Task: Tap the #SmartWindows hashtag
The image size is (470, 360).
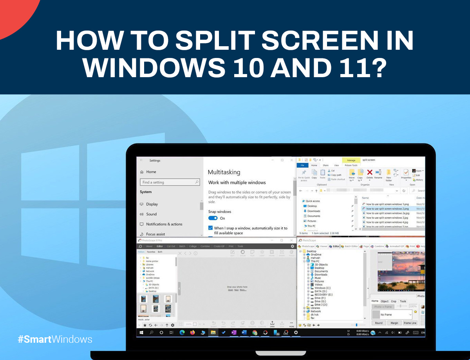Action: (x=55, y=339)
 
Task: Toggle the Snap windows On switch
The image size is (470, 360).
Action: (x=213, y=218)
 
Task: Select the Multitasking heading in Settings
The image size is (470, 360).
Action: (x=224, y=172)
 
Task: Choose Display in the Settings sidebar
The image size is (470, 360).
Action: (x=152, y=204)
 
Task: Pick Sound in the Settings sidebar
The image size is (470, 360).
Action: (x=151, y=214)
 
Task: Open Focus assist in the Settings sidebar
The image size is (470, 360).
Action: (x=155, y=234)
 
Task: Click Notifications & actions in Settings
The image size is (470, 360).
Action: (x=164, y=224)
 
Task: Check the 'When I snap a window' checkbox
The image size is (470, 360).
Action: (x=210, y=228)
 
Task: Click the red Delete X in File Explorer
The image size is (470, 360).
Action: (x=369, y=172)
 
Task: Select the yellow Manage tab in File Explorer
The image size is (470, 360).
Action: (x=351, y=160)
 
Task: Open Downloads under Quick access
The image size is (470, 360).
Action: (x=314, y=211)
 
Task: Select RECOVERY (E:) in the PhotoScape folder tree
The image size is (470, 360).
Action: (x=324, y=295)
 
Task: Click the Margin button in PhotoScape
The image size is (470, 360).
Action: (x=394, y=323)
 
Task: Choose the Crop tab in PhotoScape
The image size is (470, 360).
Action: (x=394, y=301)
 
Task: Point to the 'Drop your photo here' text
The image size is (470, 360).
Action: (x=237, y=287)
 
